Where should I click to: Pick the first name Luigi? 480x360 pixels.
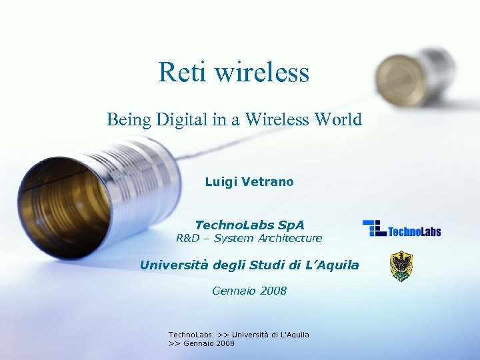[219, 182]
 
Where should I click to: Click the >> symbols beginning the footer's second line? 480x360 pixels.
[174, 343]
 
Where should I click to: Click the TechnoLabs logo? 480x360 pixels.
[401, 229]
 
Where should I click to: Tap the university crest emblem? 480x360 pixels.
[401, 266]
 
